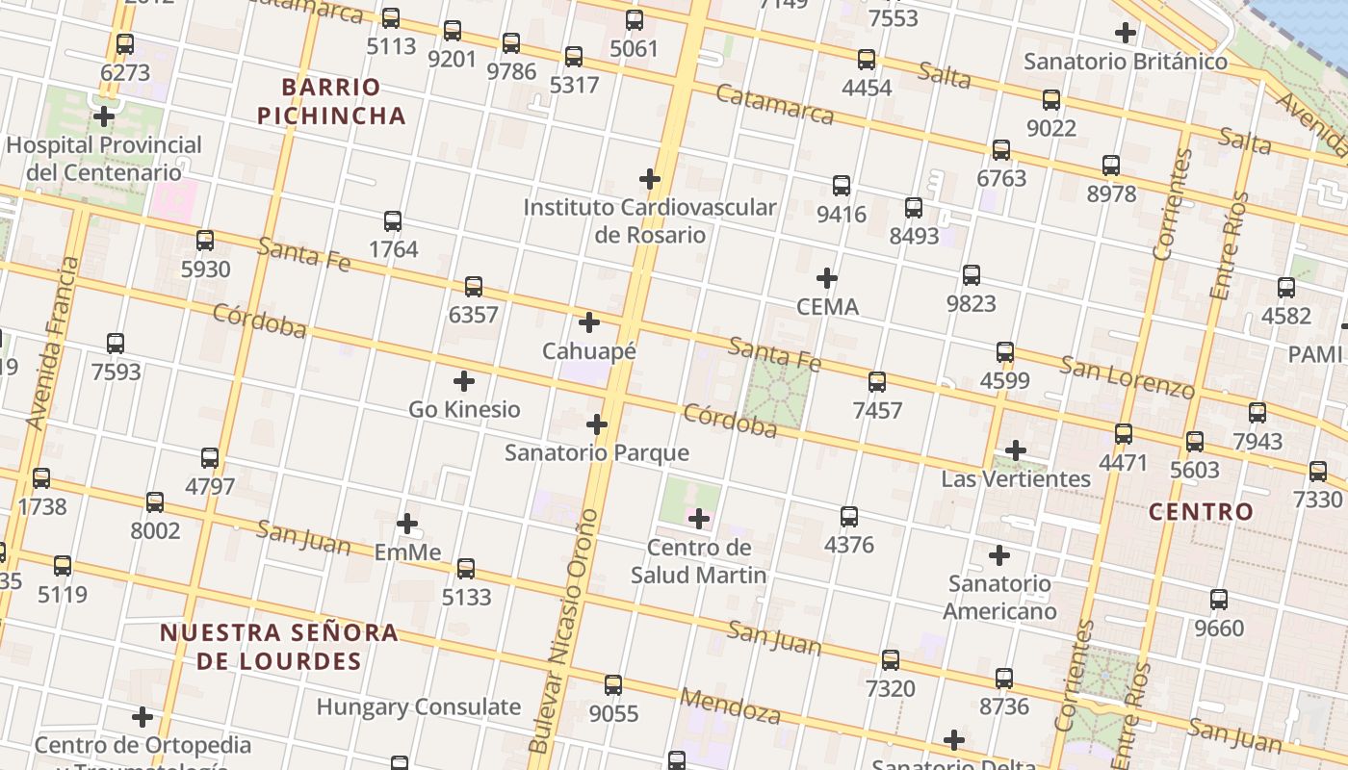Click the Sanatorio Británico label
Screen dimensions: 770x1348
(1125, 62)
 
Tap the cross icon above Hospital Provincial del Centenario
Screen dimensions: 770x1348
(103, 117)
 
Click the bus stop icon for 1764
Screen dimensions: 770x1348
(392, 221)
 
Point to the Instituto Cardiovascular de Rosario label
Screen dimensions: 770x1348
(650, 220)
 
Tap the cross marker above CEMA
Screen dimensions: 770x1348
(826, 279)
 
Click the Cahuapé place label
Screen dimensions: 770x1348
(588, 351)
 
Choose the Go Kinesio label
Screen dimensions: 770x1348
(464, 409)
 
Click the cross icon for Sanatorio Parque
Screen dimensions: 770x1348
(596, 424)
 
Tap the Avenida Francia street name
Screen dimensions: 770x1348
(52, 343)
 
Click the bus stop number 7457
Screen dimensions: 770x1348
(877, 410)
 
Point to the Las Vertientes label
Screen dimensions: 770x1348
(1016, 478)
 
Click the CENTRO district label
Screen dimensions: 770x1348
(1201, 511)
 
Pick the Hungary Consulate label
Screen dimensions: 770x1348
(418, 706)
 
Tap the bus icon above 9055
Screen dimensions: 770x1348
(613, 685)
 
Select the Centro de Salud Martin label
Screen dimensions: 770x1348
(699, 561)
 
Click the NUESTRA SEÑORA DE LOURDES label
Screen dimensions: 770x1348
(278, 647)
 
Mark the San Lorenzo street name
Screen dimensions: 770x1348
(1127, 376)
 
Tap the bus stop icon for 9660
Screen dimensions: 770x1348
(1219, 600)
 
